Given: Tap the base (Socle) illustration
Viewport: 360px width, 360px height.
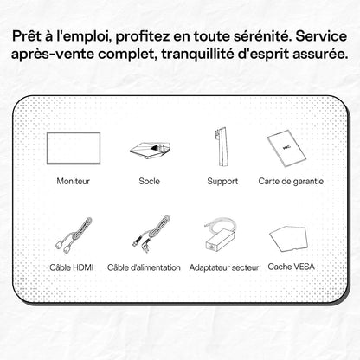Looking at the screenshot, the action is [x=150, y=151].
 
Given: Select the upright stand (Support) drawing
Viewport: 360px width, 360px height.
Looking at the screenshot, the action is [x=222, y=148].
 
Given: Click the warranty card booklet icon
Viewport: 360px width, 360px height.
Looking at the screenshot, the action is [x=286, y=148].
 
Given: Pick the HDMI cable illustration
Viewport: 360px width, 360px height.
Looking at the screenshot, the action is [x=74, y=236].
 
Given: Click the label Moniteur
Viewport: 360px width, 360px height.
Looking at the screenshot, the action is [x=74, y=181].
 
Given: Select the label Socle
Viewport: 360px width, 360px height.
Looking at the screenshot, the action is [x=149, y=181].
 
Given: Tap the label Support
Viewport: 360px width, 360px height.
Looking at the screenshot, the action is [x=222, y=182].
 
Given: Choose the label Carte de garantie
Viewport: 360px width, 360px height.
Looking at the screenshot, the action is [x=291, y=181].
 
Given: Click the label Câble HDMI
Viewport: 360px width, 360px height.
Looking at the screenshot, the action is [x=72, y=267].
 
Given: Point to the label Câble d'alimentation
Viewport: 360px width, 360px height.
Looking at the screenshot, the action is [x=144, y=267].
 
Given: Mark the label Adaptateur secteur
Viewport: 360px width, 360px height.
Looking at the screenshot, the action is [x=224, y=267].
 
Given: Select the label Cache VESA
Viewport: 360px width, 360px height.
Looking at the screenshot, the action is [x=291, y=267].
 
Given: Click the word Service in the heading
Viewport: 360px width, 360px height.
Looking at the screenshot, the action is [x=321, y=36].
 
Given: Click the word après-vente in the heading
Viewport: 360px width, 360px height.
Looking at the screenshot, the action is [x=53, y=55].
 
